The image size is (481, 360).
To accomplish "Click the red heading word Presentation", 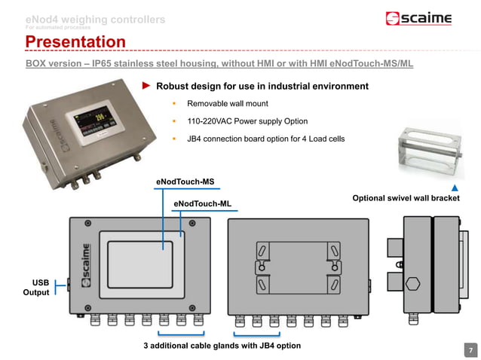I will click(x=75, y=41).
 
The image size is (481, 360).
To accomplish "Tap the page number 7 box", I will click(x=470, y=349).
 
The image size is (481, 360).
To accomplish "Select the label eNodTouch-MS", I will click(x=185, y=182).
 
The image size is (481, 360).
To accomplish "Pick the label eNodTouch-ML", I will click(x=203, y=204).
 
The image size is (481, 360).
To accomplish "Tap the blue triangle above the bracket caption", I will click(x=455, y=187).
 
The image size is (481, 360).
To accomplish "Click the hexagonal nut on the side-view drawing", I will click(x=412, y=284).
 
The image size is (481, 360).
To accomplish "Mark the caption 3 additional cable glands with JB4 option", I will click(x=222, y=346).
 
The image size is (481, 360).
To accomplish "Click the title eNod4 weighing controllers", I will click(x=95, y=19).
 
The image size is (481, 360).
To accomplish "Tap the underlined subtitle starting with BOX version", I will click(x=219, y=65).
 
